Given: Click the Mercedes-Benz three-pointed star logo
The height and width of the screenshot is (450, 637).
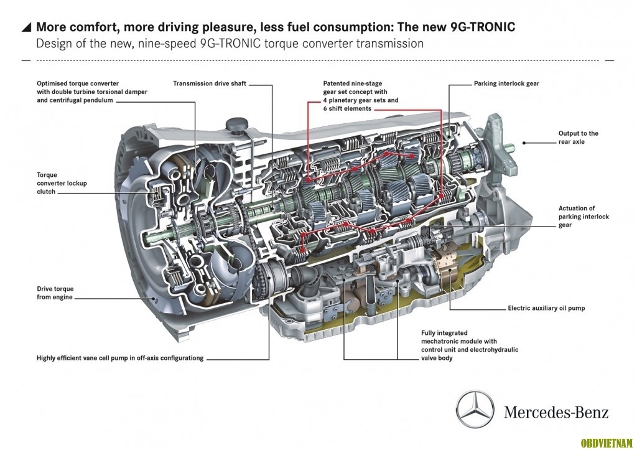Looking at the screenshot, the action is coord(475,410).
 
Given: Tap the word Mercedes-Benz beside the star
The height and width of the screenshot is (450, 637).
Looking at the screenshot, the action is coord(556,412).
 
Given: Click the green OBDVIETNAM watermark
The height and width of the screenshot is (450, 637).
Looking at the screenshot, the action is coord(607,443).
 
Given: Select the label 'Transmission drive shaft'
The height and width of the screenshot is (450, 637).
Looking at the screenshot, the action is coord(210,83).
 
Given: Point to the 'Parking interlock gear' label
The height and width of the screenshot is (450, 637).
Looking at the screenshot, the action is coord(506,83).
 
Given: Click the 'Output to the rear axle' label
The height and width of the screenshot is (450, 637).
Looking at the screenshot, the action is coord(578,138).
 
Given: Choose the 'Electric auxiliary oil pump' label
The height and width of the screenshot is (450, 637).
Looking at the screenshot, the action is coord(546,308).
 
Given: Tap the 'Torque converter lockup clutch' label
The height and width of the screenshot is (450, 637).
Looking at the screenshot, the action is coord(62,184).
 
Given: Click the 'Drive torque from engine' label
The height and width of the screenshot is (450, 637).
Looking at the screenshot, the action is coord(55,293).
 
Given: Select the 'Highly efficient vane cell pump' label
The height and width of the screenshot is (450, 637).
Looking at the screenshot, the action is coord(120,358).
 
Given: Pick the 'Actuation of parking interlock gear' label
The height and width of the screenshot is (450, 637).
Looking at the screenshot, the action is coord(584,217).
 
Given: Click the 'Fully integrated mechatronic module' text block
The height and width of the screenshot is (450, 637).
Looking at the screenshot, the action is coord(470,345).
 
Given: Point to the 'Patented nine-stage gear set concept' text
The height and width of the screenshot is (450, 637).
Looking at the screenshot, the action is coord(361,96).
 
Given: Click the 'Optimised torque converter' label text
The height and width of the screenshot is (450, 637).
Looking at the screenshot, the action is coord(92,92).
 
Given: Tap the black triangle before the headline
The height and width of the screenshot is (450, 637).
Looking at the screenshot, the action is coord(26,27).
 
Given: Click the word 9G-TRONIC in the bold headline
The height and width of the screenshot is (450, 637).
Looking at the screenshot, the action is coord(483,27).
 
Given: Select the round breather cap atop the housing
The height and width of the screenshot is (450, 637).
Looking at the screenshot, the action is coord(237,124).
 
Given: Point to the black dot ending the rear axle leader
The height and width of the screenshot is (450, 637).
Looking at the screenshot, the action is coord(524,143).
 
